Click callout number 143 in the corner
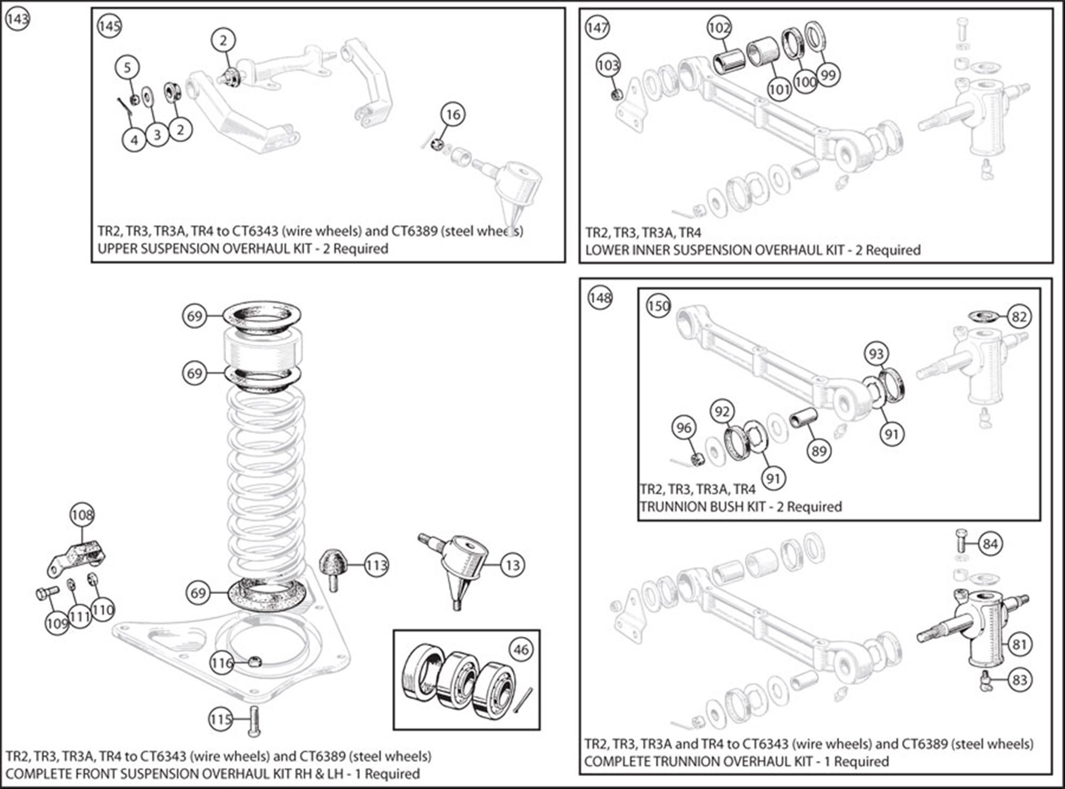[x=17, y=20]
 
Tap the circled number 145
[x=109, y=26]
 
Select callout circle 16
[x=453, y=114]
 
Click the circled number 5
[x=127, y=68]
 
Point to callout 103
[x=608, y=65]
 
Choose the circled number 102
[x=719, y=27]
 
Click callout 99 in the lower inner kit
[x=828, y=75]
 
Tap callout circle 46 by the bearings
[x=521, y=650]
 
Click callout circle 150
[x=658, y=306]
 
